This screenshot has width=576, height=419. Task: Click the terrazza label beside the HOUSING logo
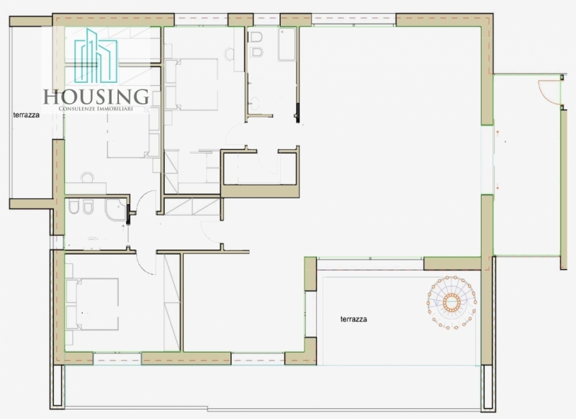26,115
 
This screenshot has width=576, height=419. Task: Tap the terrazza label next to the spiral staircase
354,319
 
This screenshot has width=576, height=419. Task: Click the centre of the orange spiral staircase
451,302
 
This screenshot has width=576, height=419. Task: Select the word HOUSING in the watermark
96,97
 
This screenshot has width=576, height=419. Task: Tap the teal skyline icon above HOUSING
96,56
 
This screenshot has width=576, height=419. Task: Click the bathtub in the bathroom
287,44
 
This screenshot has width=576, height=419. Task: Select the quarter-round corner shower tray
115,210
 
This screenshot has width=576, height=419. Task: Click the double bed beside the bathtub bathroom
192,85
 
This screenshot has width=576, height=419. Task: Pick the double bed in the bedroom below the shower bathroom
92,304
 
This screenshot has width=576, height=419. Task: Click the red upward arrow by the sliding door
498,134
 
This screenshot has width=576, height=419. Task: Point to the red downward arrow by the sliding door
498,186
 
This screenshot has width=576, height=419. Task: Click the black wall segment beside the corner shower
128,214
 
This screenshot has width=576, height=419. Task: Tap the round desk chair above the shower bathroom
87,177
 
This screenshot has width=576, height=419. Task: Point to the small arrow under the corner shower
123,229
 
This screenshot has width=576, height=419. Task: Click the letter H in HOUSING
50,97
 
